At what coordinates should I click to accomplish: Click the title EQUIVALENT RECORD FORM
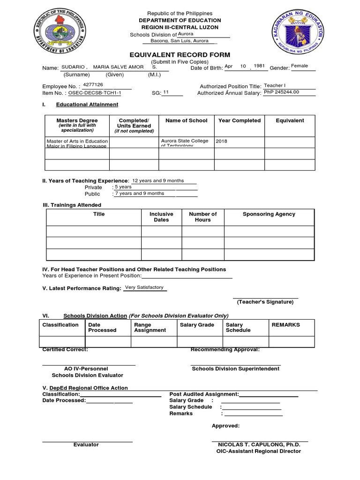click(180, 55)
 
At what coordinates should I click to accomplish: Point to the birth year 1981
click(260, 66)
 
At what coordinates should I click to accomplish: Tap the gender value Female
click(300, 66)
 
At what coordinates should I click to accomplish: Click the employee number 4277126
click(92, 85)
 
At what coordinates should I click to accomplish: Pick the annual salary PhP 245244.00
click(281, 92)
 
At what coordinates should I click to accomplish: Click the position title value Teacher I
click(274, 86)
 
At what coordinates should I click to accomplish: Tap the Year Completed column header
click(240, 120)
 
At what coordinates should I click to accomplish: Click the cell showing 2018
click(222, 141)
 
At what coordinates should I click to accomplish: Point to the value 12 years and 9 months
click(158, 180)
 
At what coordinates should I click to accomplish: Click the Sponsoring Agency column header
click(269, 214)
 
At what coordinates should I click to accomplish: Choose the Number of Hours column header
click(202, 217)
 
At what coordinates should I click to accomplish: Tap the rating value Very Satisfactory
click(144, 287)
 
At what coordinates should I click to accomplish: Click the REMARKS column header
click(285, 325)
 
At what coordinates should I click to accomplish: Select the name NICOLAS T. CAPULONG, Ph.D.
click(259, 444)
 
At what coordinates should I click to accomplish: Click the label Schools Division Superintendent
click(236, 368)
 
